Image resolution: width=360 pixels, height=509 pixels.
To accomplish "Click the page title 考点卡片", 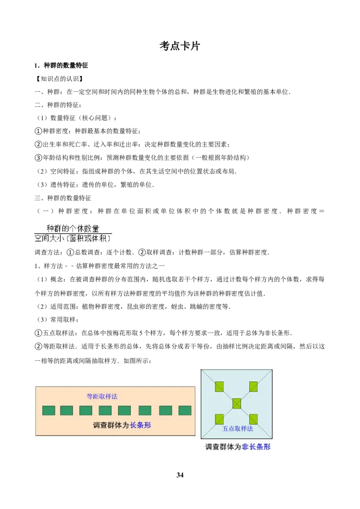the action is (x=180, y=46).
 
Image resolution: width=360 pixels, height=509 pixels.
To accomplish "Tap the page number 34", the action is (x=180, y=475).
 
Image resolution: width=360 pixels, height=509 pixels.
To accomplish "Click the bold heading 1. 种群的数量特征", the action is (x=61, y=66).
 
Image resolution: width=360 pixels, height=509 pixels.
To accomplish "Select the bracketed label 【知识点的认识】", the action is (x=59, y=79).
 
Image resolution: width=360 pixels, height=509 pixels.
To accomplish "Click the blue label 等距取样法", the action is (x=102, y=396).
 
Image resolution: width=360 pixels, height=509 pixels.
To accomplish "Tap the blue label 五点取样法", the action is (x=238, y=429).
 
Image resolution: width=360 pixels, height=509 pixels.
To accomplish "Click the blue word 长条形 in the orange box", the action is (x=140, y=425).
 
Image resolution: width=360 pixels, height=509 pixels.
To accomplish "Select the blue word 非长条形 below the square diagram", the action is (x=256, y=447).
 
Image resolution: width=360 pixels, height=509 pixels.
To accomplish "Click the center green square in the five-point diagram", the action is (x=237, y=404).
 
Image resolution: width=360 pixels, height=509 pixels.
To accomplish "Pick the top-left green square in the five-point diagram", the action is (x=219, y=387).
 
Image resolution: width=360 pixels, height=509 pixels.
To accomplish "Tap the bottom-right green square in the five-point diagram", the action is (x=253, y=419).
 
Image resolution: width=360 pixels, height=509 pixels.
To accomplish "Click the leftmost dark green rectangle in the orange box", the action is (x=49, y=411).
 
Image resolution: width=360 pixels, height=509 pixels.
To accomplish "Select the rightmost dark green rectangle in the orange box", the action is (x=185, y=411).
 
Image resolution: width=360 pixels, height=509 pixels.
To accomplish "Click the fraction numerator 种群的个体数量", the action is (x=73, y=228).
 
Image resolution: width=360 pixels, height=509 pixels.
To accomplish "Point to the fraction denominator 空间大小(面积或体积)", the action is (x=73, y=238).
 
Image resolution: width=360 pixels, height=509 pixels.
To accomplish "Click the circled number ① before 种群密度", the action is (x=38, y=131).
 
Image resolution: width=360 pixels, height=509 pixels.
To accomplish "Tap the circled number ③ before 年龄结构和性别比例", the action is (x=38, y=158).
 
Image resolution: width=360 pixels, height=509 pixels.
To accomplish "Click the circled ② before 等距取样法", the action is (x=38, y=347).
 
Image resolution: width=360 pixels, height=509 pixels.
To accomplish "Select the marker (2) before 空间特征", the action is (x=42, y=171).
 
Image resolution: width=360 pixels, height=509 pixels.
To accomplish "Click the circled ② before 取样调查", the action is (x=142, y=252).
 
